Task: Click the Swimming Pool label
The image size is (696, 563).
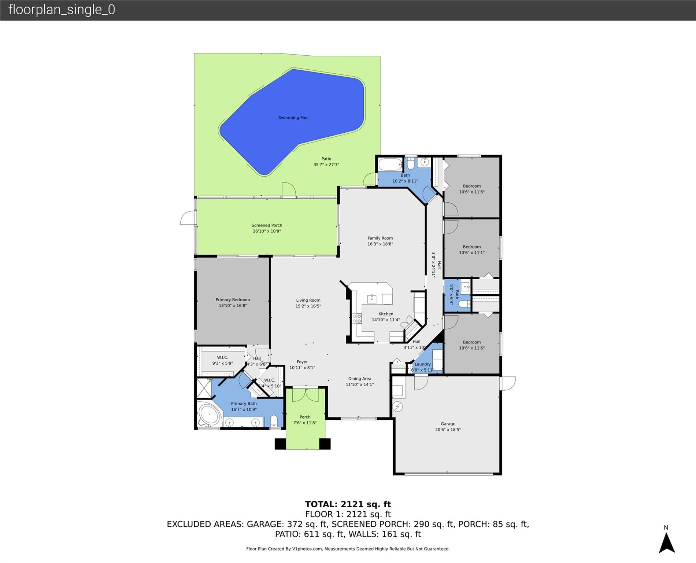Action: click(293, 118)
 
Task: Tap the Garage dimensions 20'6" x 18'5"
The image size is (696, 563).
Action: click(448, 430)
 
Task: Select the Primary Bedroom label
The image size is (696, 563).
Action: click(233, 299)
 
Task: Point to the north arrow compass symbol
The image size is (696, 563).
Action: click(666, 542)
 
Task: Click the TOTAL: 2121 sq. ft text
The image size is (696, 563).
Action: click(348, 504)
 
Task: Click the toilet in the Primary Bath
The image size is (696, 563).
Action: click(274, 421)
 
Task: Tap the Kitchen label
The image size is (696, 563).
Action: click(386, 314)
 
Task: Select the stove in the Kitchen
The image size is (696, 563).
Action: click(356, 318)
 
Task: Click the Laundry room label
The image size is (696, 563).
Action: click(422, 364)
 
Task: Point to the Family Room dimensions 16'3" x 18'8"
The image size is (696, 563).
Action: click(380, 244)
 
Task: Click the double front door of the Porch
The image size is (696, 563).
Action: click(306, 395)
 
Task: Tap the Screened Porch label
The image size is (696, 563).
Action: click(267, 225)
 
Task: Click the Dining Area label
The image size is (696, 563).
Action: click(359, 379)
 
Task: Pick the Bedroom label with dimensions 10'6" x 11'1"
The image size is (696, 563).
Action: click(471, 247)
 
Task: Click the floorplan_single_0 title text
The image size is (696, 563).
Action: click(62, 10)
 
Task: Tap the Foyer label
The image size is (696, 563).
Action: click(302, 362)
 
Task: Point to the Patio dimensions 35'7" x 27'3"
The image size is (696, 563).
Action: click(326, 165)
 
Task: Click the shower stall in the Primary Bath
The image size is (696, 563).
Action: click(204, 388)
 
